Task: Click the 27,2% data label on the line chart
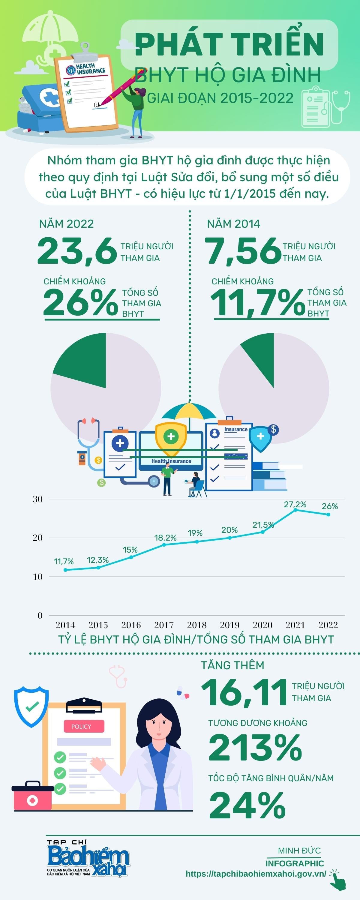[x=295, y=505]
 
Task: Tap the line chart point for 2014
[x=65, y=570]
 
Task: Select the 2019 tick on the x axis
[x=229, y=625]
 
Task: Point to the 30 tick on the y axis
[x=38, y=499]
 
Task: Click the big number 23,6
[x=77, y=251]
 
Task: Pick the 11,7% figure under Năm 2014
[x=258, y=303]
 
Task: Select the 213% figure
[x=255, y=748]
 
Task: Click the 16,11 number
[x=244, y=692]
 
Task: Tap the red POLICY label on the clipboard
[x=84, y=727]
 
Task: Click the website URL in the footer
[x=256, y=874]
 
